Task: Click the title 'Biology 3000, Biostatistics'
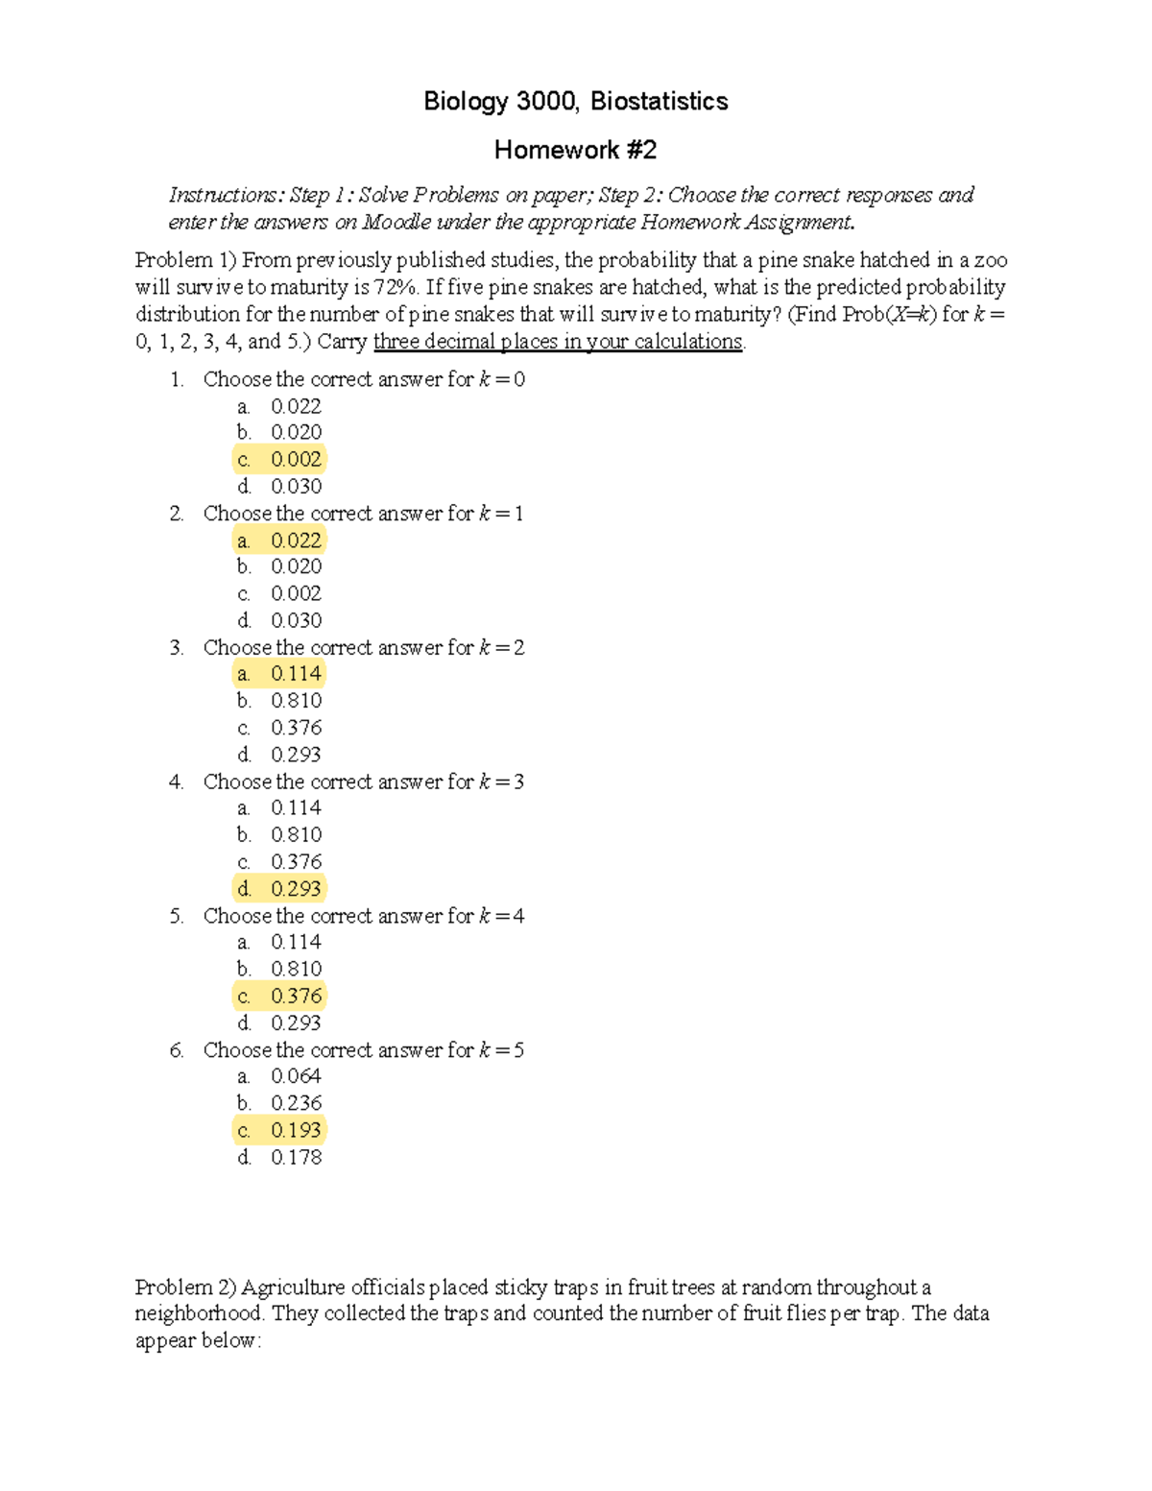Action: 575,102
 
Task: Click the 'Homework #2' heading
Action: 575,150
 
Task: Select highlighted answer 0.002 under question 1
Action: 295,460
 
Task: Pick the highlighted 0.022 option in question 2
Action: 295,541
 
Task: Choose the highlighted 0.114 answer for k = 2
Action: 295,674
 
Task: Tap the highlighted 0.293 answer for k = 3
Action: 295,889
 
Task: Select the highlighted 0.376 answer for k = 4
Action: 295,997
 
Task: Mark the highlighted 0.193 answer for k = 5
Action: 295,1131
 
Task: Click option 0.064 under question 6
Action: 295,1077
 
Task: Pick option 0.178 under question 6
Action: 295,1158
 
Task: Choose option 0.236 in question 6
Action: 295,1104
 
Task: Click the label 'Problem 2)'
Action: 185,1287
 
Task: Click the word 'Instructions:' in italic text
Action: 227,196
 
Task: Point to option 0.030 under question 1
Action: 295,487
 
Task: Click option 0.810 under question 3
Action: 295,701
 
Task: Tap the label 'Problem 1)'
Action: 185,260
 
